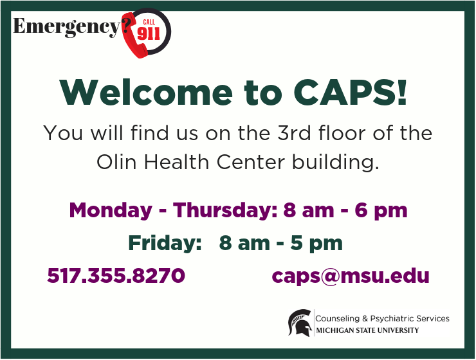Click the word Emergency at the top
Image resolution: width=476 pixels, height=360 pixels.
(67, 27)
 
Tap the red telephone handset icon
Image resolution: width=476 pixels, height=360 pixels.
(134, 37)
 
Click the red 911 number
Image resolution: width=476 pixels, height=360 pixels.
(149, 33)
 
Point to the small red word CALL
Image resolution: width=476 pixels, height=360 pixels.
(149, 22)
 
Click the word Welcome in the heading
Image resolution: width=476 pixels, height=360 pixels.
(146, 92)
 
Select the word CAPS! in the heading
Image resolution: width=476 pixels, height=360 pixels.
(350, 92)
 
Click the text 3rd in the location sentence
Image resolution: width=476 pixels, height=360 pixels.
(294, 133)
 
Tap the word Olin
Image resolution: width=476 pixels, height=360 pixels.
(116, 162)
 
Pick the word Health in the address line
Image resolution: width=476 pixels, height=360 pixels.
(176, 162)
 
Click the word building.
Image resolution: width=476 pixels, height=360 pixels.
(336, 163)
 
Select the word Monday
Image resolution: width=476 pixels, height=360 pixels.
(111, 211)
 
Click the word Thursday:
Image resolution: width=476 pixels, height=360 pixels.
(225, 210)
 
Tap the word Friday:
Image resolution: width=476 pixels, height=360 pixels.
(165, 243)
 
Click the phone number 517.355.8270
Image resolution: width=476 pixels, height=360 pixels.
(116, 276)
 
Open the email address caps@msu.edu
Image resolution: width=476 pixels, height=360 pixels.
(351, 276)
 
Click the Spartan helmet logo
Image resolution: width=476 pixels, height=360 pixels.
(300, 323)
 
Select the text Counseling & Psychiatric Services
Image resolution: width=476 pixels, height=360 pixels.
(382, 318)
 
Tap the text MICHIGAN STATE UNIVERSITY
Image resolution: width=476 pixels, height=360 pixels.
(367, 330)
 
